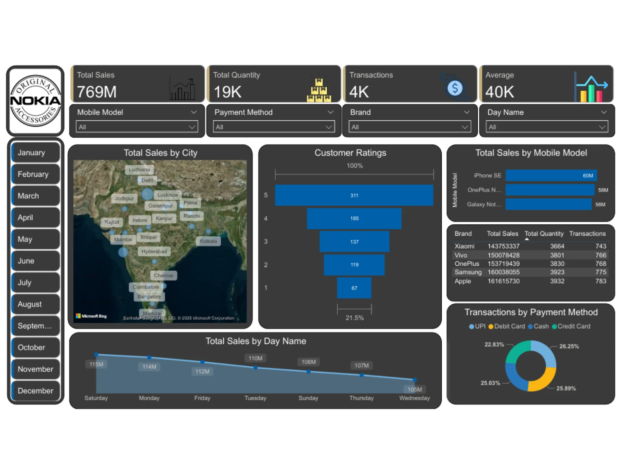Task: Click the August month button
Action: click(x=35, y=304)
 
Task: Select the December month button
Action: click(x=35, y=391)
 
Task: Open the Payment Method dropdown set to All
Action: click(x=273, y=127)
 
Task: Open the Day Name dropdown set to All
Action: click(x=547, y=127)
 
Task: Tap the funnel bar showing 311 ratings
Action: click(x=354, y=195)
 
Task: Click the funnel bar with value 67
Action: click(x=354, y=288)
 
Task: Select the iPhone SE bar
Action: click(x=550, y=175)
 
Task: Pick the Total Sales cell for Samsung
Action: click(x=503, y=272)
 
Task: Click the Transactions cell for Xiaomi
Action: click(x=601, y=246)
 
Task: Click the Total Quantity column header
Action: click(x=544, y=234)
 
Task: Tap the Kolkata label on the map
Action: click(x=208, y=241)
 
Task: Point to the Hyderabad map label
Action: click(x=154, y=251)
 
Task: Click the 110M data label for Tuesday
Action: click(x=255, y=358)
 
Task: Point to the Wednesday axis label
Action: click(x=414, y=398)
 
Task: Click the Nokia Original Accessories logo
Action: click(x=35, y=101)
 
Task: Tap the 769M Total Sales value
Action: click(x=97, y=92)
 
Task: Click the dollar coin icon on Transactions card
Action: click(x=455, y=88)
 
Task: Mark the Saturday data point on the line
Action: click(x=96, y=354)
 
